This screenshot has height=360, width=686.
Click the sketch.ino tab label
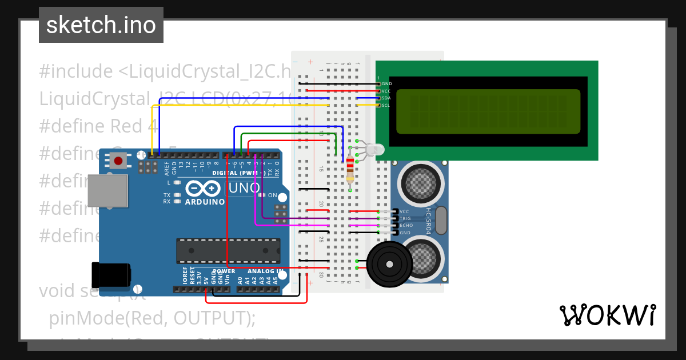[x=101, y=25]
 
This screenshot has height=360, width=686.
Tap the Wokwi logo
[x=607, y=315]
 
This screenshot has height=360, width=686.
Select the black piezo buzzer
[x=389, y=265]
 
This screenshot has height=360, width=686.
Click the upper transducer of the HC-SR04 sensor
[x=422, y=182]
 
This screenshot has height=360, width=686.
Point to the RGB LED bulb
[x=375, y=150]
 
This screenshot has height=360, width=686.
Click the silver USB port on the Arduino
[x=107, y=190]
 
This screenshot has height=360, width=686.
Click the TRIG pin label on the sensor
[x=405, y=218]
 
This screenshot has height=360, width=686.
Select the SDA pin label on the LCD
[x=386, y=98]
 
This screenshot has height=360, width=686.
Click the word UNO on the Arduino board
[x=244, y=188]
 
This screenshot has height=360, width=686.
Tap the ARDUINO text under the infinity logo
[x=205, y=202]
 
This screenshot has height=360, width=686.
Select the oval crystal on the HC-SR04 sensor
[x=441, y=221]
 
